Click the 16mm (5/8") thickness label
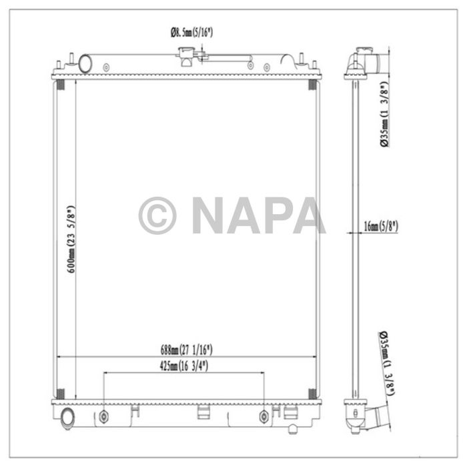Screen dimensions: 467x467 click(381, 226)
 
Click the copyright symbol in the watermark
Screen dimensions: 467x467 click(157, 215)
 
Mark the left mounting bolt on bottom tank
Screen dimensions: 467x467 click(103, 417)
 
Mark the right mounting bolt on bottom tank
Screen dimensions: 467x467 click(264, 417)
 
